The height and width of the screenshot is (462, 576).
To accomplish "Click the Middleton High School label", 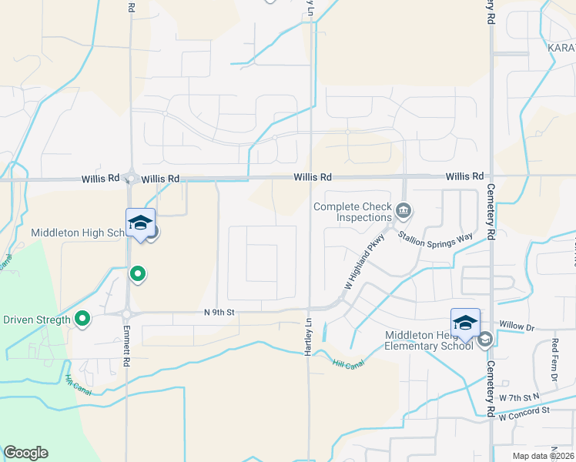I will [77, 233].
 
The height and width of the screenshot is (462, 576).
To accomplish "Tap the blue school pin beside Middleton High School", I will [140, 224].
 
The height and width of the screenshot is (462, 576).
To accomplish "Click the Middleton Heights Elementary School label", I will [430, 340].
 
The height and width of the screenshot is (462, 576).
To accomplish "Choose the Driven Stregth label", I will [37, 320].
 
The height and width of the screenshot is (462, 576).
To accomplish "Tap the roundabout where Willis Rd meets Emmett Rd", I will [131, 179].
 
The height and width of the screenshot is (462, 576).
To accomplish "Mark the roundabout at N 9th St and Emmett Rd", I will [126, 313].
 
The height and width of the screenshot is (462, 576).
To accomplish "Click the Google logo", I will [25, 453].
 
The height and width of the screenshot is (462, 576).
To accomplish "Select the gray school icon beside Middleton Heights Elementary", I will [485, 340].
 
